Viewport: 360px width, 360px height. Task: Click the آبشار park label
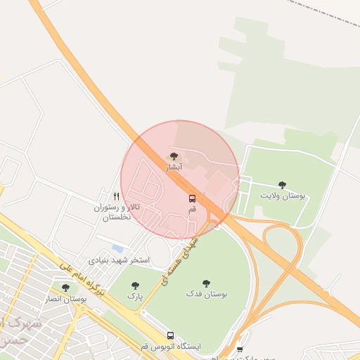click(174, 168)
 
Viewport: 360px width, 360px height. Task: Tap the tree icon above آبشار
click(174, 157)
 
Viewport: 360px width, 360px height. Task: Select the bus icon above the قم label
click(192, 198)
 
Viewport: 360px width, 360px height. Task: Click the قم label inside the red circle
click(192, 210)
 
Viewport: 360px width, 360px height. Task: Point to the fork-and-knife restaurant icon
click(116, 197)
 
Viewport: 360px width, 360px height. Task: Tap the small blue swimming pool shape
click(117, 248)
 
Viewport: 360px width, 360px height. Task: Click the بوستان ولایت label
click(283, 196)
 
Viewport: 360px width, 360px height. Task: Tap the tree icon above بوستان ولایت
click(283, 185)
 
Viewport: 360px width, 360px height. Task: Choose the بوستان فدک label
click(207, 294)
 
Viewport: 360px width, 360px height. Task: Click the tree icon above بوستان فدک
click(207, 283)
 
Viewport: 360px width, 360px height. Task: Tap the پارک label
click(135, 297)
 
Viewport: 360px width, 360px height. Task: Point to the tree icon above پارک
click(136, 285)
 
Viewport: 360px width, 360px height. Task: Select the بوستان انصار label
click(65, 300)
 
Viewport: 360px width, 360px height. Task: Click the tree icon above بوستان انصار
click(65, 288)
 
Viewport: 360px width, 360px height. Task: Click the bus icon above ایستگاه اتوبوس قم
click(170, 336)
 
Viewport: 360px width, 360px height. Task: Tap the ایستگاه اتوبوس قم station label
click(170, 347)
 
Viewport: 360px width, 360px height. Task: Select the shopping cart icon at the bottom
click(240, 349)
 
